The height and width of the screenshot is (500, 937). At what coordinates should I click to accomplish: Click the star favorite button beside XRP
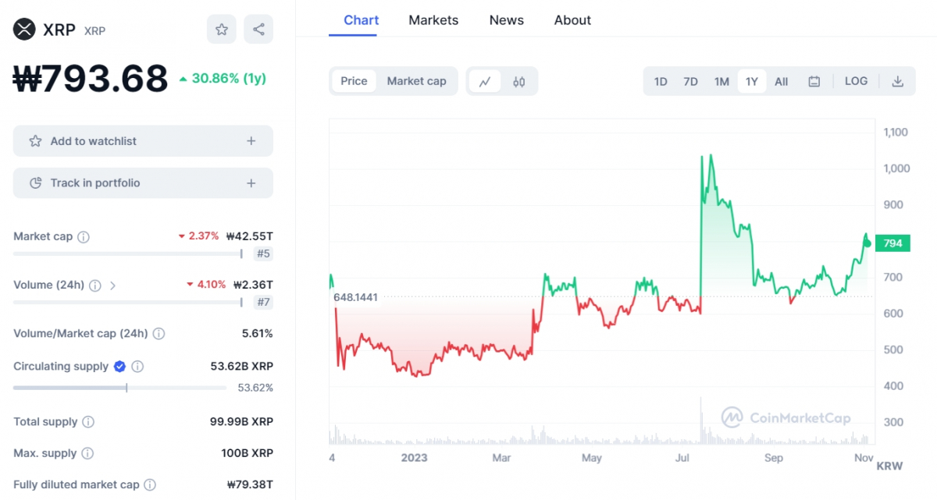(222, 30)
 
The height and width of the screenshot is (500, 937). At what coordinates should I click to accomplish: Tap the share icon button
(258, 30)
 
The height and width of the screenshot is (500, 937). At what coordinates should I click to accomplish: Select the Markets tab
(433, 20)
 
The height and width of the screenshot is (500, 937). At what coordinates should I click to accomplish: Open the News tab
(506, 20)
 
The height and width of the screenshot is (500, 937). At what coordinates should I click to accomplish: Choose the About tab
(572, 20)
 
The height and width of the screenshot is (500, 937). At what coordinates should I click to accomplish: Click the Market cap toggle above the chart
(416, 81)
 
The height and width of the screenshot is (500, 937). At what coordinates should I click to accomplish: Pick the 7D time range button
(690, 81)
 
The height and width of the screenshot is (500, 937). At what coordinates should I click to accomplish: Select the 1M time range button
(721, 81)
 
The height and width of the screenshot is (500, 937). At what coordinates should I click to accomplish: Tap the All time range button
(781, 81)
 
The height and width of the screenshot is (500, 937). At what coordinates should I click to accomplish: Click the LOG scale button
(856, 81)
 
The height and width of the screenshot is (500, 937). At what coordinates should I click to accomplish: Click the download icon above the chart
(898, 81)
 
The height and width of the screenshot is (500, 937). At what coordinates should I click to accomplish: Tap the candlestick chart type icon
(519, 81)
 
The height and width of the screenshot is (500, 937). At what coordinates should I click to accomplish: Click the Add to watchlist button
(143, 141)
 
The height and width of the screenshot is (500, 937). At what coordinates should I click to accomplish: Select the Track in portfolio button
(143, 183)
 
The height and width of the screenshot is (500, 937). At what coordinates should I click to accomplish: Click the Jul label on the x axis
(682, 458)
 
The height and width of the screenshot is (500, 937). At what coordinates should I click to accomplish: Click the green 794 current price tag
(892, 243)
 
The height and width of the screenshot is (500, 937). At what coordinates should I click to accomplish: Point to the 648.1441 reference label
(355, 297)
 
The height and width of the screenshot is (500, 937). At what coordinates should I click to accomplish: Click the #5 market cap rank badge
(263, 254)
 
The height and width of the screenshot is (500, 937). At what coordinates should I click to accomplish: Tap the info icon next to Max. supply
(87, 453)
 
